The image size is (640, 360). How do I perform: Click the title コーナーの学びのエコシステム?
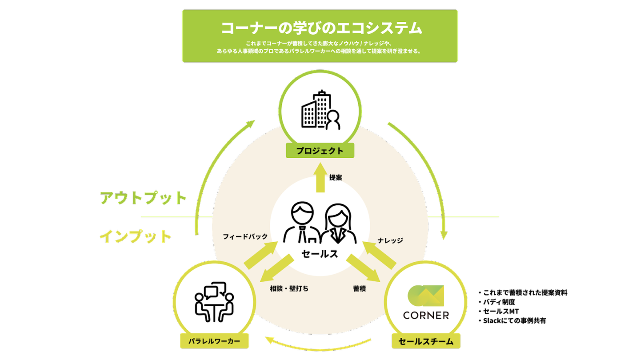(x=320, y=28)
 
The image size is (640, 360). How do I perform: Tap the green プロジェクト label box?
(x=320, y=151)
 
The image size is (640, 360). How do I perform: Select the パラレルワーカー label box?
(x=214, y=341)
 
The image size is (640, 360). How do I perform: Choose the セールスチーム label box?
(x=426, y=341)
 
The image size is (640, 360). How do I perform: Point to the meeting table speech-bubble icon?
(x=214, y=302)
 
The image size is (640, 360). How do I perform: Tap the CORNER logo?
(x=426, y=302)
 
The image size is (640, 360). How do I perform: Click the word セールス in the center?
(x=320, y=254)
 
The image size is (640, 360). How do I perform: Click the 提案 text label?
(x=336, y=177)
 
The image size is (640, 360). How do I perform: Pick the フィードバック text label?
(x=245, y=237)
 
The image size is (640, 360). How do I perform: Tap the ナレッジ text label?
(x=390, y=240)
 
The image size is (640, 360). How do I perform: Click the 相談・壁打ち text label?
(x=289, y=288)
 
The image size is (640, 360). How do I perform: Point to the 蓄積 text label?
(x=359, y=288)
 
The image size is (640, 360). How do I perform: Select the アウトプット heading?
(x=143, y=198)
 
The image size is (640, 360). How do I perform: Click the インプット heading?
(x=136, y=236)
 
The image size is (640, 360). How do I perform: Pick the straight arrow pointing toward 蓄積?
(x=362, y=268)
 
